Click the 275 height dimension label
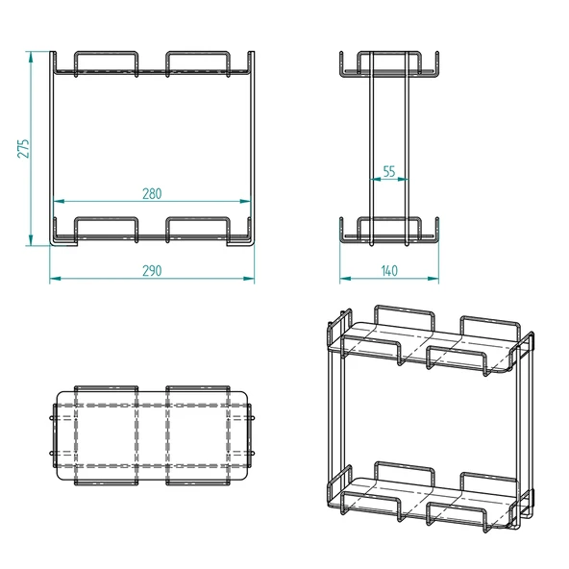click(x=24, y=147)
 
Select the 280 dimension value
click(x=151, y=193)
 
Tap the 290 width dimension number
click(x=151, y=271)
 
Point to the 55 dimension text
click(x=389, y=171)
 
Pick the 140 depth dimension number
click(x=389, y=271)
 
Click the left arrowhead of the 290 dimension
click(x=54, y=279)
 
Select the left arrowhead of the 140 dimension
click(x=343, y=279)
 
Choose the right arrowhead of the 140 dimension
click(x=435, y=279)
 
